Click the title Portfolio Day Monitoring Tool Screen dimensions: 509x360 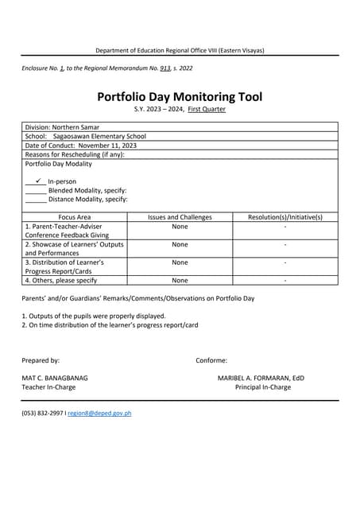pyautogui.click(x=180, y=97)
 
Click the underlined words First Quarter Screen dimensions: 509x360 pyautogui.click(x=206, y=109)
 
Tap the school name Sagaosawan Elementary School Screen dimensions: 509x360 pyautogui.click(x=99, y=136)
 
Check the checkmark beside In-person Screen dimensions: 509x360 pyautogui.click(x=38, y=181)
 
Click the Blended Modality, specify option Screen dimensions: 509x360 pyautogui.click(x=87, y=191)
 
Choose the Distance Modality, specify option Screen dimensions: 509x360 pyautogui.click(x=87, y=200)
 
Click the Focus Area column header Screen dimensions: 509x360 pyautogui.click(x=75, y=217)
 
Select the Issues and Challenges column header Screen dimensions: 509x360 pyautogui.click(x=180, y=217)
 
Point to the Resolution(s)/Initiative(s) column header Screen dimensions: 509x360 pyautogui.click(x=285, y=217)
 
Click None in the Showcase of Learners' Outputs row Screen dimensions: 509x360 pyautogui.click(x=180, y=245)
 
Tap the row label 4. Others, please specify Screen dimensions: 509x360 pyautogui.click(x=61, y=280)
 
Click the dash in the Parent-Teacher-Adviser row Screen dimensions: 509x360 pyautogui.click(x=285, y=227)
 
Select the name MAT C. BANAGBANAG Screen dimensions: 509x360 pyautogui.click(x=55, y=378)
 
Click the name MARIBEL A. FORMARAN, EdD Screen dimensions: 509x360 pyautogui.click(x=261, y=378)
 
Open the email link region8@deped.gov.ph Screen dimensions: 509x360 pyautogui.click(x=99, y=414)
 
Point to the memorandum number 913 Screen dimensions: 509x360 pyautogui.click(x=165, y=69)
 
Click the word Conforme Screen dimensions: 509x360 pyautogui.click(x=211, y=360)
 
